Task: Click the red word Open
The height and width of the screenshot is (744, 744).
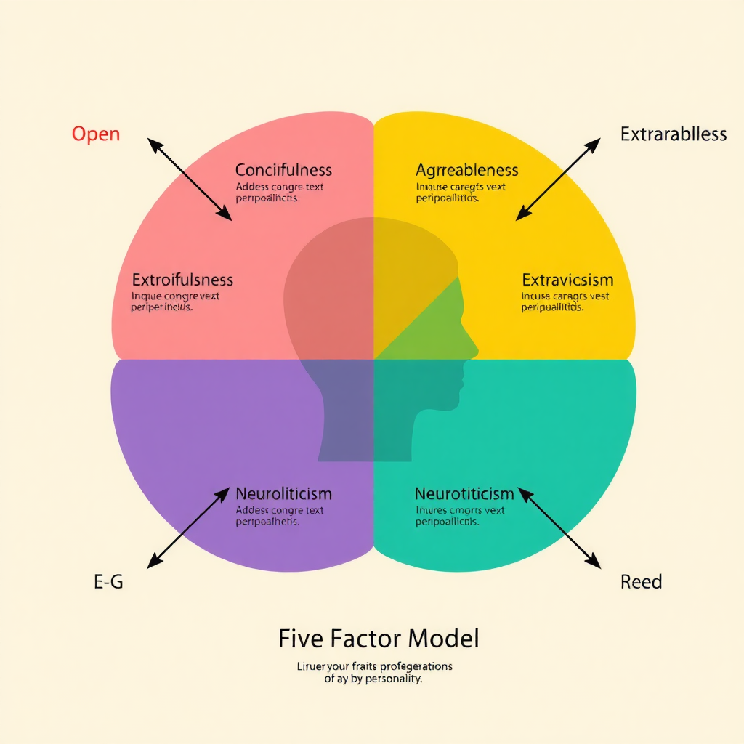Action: tap(96, 134)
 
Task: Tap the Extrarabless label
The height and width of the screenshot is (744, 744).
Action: tap(673, 134)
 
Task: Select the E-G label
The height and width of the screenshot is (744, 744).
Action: tap(108, 581)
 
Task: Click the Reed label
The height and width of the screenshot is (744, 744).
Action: tap(641, 581)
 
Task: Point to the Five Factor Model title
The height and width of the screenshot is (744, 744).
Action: tap(379, 639)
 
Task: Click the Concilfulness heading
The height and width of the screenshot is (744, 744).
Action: tap(283, 171)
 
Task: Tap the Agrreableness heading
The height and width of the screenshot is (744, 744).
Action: tap(466, 171)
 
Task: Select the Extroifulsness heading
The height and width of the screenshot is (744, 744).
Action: tap(182, 280)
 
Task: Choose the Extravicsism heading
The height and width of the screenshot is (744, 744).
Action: tap(567, 280)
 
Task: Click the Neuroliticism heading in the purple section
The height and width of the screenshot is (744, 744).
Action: tap(283, 494)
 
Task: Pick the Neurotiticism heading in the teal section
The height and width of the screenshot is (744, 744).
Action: tap(464, 494)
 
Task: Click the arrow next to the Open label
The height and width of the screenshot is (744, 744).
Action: tap(190, 179)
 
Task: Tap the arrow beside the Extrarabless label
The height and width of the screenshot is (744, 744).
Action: tap(558, 179)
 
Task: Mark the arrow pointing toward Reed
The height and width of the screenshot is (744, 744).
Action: tap(559, 527)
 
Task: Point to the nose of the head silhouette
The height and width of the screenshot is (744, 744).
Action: tap(476, 347)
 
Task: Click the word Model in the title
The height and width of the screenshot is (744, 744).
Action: tap(443, 639)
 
